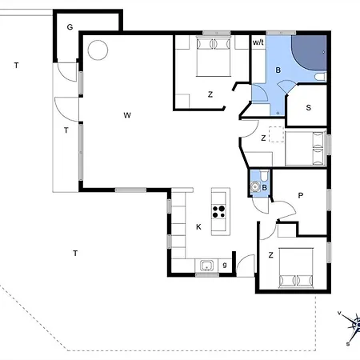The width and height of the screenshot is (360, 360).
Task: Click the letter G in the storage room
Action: pos(70,27)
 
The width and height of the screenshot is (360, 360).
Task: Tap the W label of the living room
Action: pos(127,115)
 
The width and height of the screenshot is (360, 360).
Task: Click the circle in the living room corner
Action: pos(98,50)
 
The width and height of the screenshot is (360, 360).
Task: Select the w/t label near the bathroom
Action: pos(258,42)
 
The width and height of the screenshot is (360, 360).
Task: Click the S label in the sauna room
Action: pos(309,108)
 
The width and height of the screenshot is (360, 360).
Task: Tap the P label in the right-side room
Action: pos(301,196)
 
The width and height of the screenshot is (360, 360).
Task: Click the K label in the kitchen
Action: pos(198,227)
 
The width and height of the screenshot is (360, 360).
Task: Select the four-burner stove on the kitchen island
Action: pos(219,212)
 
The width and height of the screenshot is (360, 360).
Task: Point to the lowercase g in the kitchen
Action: pos(225,265)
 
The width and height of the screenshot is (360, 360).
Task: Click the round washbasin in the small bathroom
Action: pos(255,187)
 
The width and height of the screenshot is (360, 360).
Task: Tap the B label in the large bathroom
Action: pos(278,70)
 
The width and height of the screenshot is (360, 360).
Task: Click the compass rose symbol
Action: pos(352,327)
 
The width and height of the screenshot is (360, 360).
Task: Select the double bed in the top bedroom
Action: pos(214,56)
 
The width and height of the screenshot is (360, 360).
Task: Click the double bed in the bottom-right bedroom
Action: pos(296,268)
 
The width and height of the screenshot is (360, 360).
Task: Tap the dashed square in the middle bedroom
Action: pos(276,134)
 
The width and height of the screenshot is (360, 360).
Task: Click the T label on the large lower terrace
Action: pos(75,253)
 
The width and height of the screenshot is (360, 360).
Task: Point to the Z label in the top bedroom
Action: pos(210,94)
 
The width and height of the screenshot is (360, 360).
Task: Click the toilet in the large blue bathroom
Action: pos(320,77)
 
